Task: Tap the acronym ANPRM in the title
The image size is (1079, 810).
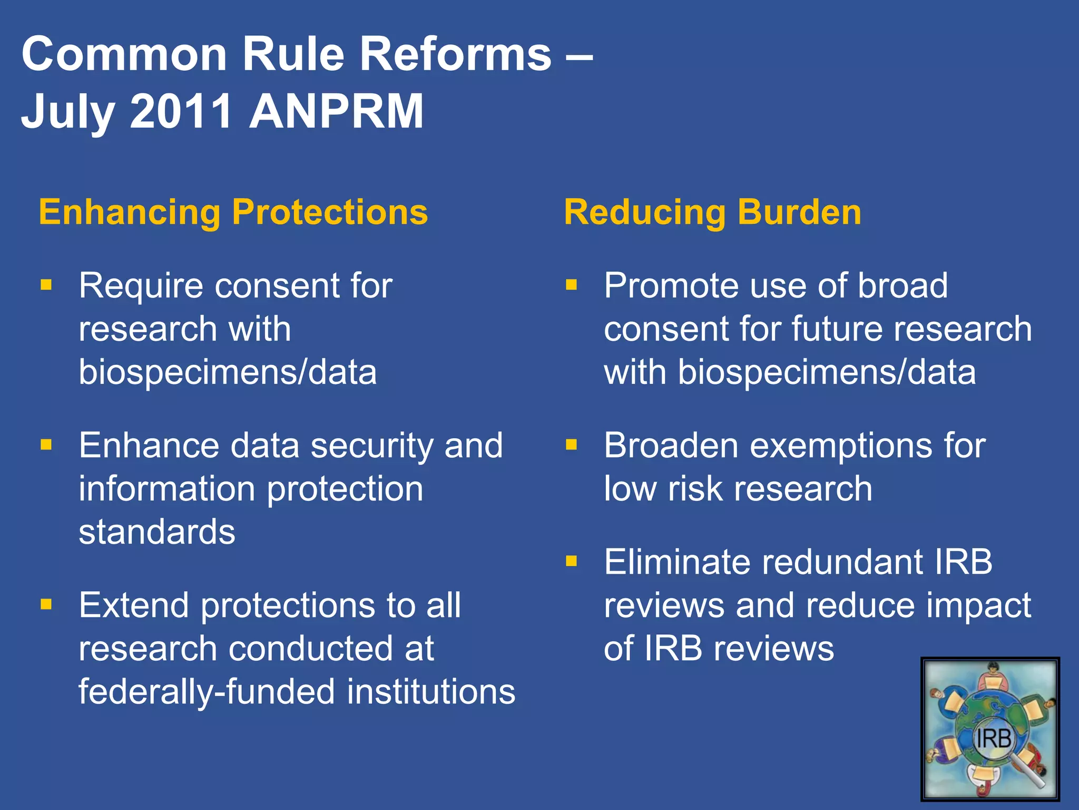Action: pos(336,111)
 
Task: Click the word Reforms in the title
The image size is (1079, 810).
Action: pos(455,54)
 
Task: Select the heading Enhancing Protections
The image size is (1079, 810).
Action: pos(233,212)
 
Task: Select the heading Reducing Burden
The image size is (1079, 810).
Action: pos(712,212)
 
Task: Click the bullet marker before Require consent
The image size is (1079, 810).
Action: pos(46,285)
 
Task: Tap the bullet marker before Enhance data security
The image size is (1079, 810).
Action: pos(46,445)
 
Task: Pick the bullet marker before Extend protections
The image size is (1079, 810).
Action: pos(46,604)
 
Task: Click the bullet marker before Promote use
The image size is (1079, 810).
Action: pos(571,285)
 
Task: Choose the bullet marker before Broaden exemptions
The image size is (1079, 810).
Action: pos(571,445)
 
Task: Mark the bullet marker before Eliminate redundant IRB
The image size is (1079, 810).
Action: pos(571,561)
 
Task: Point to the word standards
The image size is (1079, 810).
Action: pos(157,532)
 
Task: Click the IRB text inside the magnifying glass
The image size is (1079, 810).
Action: pos(993,739)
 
